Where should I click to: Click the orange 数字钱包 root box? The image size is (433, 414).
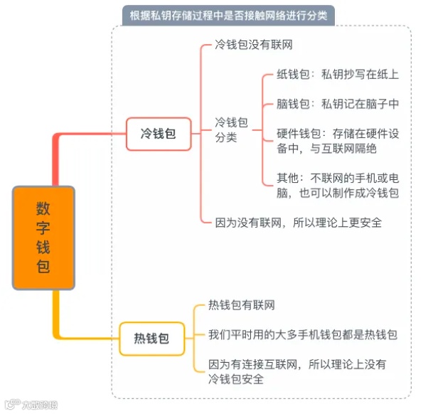coord(43,238)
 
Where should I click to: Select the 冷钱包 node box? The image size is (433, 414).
coord(159,133)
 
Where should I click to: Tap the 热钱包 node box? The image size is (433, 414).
coord(151,339)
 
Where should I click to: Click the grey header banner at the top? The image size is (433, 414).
coord(228,16)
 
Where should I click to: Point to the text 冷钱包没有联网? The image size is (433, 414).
coord(254,45)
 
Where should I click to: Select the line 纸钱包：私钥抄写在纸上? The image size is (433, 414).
coord(337,75)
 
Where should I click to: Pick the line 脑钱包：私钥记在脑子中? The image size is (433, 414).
coord(337,104)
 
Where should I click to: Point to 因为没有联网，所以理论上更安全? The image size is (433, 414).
coord(298,223)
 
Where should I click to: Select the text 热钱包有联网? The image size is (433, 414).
coord(241,305)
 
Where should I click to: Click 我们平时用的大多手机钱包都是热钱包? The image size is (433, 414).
coord(302,334)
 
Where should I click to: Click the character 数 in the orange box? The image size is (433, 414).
coord(43,208)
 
